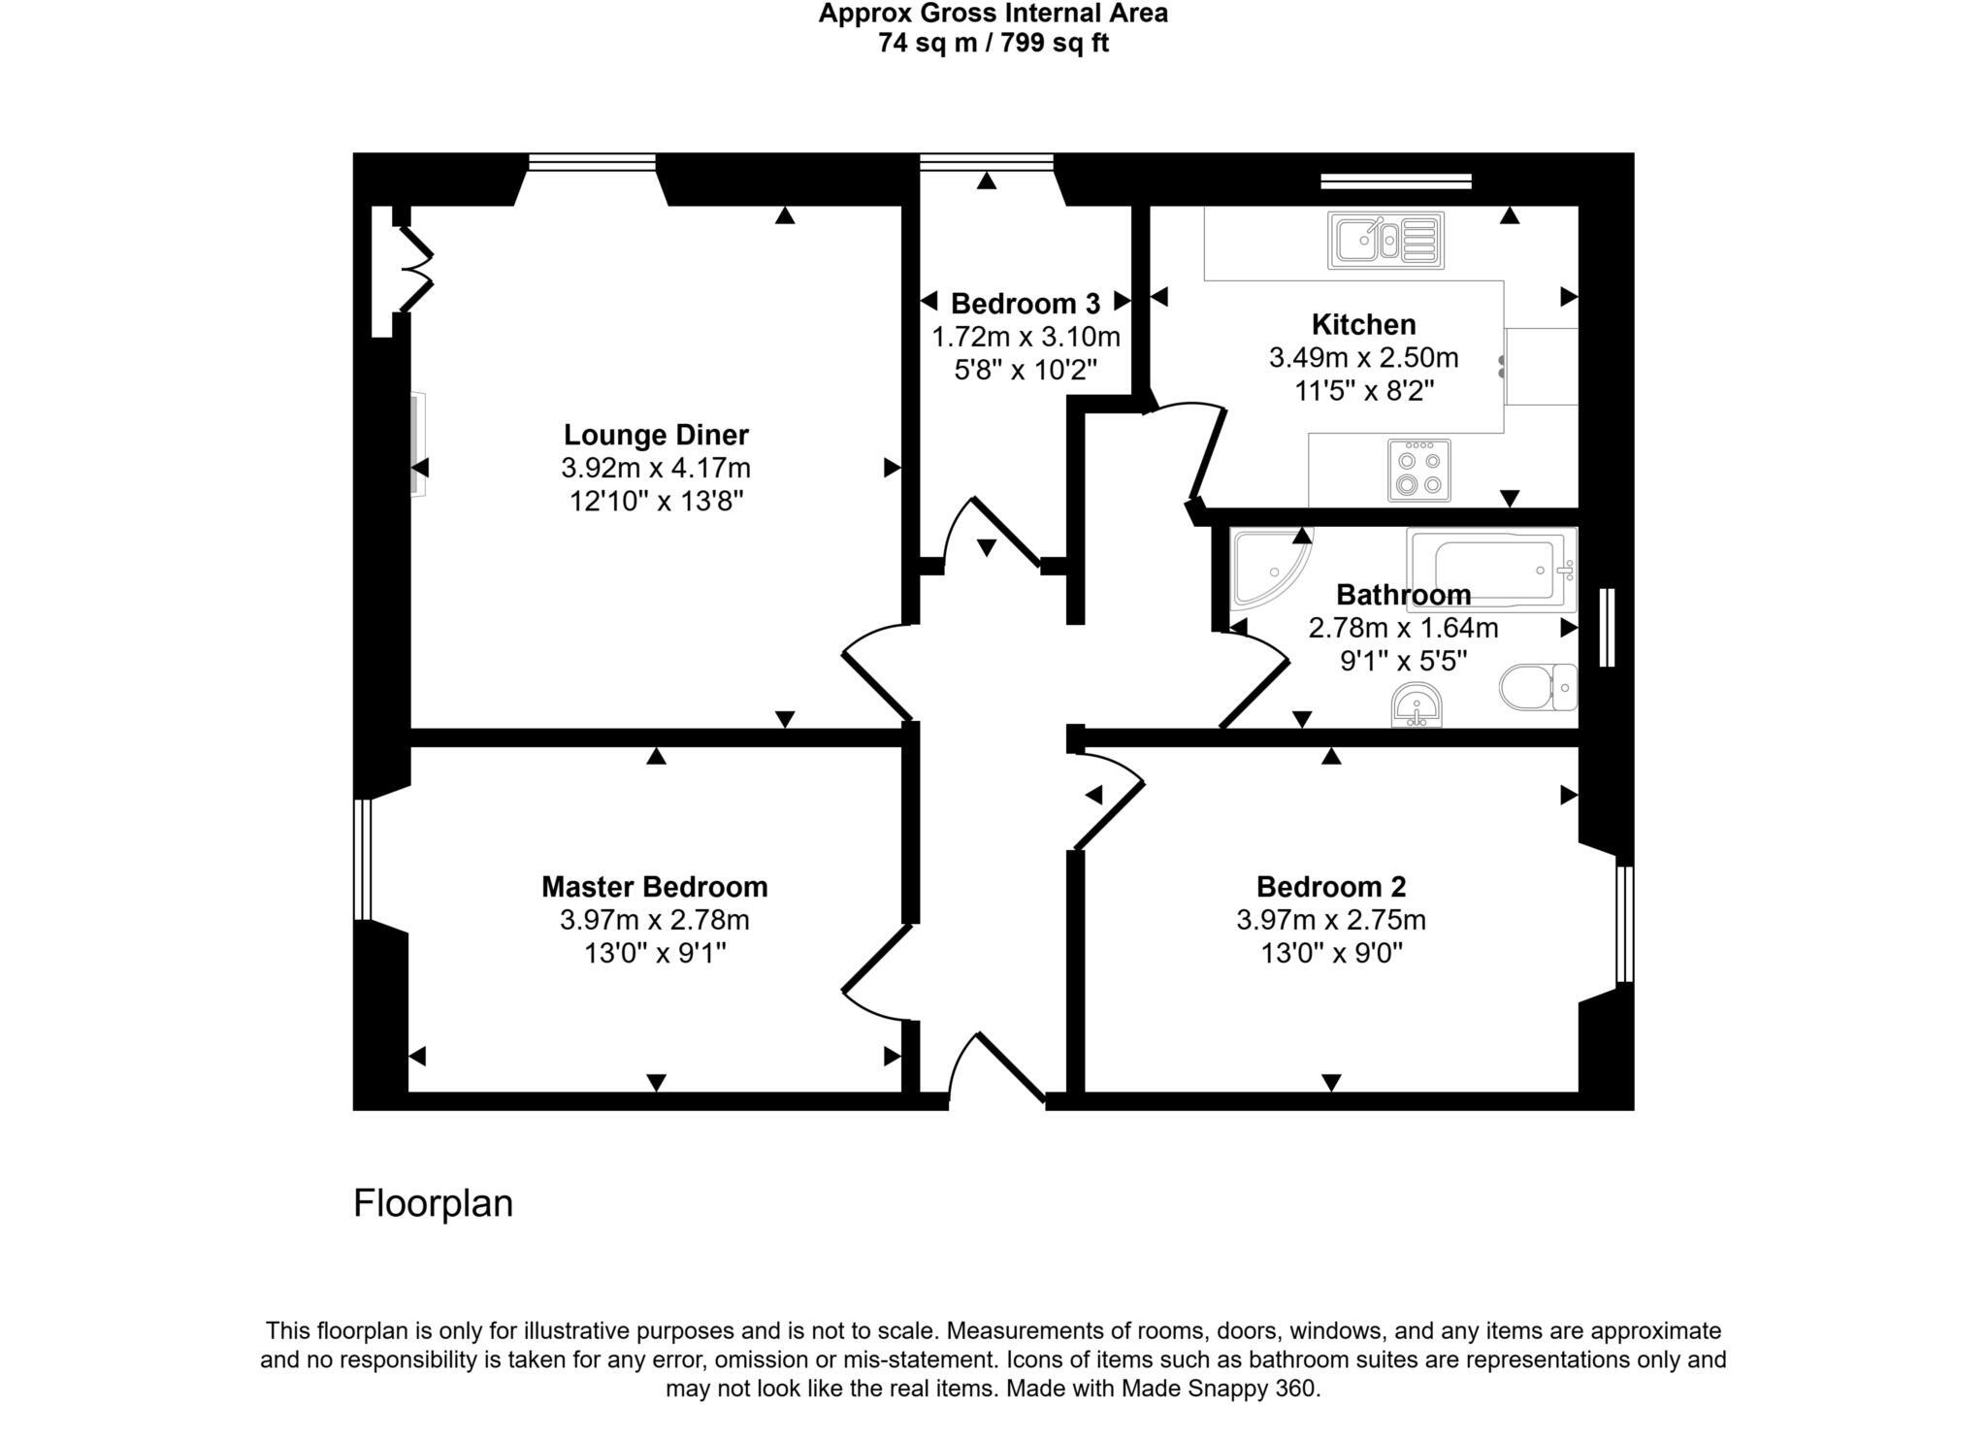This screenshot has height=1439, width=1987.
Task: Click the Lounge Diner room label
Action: coord(656,435)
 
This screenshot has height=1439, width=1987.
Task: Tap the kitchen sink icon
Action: coord(1385,240)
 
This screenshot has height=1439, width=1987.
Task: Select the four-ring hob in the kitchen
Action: coord(1418,471)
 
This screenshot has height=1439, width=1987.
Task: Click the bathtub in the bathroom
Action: coord(1492,570)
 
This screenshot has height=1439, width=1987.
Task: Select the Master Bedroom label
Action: coord(654,887)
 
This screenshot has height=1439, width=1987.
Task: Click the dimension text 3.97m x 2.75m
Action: coord(1330,920)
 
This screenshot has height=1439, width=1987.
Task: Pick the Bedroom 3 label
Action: coord(1025,304)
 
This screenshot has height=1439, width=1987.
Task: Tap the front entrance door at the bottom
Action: coord(1009,1067)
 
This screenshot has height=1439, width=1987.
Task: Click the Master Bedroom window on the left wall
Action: coord(362,859)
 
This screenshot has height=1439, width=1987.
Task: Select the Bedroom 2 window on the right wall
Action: coord(1624,924)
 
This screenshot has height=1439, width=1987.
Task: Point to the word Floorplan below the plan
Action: coord(433,1203)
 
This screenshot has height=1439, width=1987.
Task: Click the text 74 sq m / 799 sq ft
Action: coord(993,44)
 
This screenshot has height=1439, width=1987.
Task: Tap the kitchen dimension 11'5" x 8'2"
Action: coord(1363,391)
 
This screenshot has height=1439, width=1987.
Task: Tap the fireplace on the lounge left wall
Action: coord(417,444)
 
